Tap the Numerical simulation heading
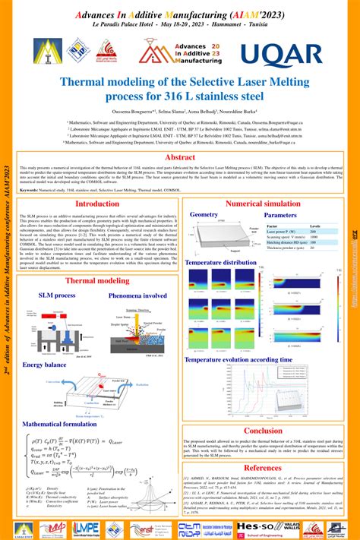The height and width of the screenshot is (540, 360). tap(263, 204)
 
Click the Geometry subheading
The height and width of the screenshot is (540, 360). tap(204, 215)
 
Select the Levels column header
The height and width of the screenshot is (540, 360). tap(315, 226)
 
